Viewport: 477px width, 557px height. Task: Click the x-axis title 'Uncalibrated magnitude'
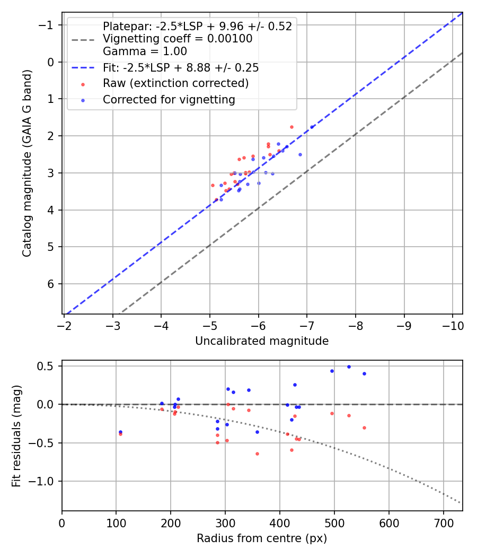point(262,341)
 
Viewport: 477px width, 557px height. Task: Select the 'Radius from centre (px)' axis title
point(262,538)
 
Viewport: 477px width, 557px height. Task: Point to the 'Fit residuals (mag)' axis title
point(16,436)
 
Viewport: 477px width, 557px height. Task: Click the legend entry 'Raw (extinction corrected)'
point(175,83)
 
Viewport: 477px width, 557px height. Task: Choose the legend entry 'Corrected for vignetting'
point(169,100)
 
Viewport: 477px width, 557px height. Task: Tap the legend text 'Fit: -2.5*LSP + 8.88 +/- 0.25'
point(181,68)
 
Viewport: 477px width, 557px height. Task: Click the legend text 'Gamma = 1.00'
point(145,51)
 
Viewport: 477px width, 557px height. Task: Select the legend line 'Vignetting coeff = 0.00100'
point(178,39)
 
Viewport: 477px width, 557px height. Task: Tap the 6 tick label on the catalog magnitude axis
point(51,284)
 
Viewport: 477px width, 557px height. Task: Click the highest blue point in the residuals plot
point(349,367)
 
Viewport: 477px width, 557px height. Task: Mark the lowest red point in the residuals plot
point(257,454)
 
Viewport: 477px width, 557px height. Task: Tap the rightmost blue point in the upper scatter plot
point(312,127)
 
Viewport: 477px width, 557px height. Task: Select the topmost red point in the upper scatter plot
point(291,127)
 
